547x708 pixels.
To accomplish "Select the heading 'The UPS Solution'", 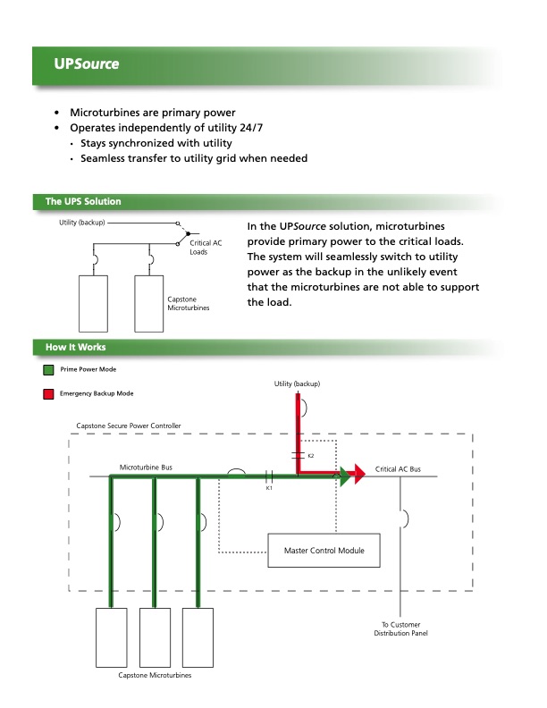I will tap(83, 201).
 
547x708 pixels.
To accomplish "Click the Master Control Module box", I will tap(324, 549).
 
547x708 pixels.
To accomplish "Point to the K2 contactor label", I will tap(310, 456).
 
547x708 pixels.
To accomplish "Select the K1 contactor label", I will tap(269, 488).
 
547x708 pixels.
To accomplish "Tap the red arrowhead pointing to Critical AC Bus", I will tap(358, 476).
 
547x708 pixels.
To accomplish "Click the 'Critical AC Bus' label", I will tap(398, 468).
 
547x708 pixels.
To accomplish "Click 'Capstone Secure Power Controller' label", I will tap(129, 426).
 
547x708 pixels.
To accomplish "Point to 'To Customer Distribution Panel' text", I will tap(402, 628).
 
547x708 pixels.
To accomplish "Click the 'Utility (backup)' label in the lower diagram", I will tap(297, 383).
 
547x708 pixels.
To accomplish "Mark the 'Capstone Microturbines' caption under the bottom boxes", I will tap(155, 675).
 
